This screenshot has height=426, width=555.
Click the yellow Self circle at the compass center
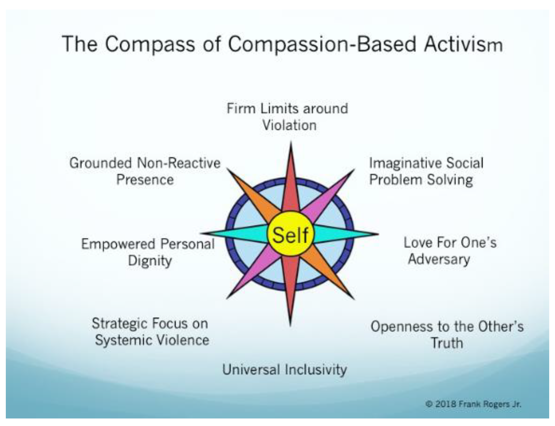[290, 234]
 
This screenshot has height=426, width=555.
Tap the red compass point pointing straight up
[291, 179]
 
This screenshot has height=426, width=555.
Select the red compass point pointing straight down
[290, 288]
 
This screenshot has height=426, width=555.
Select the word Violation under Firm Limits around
[289, 125]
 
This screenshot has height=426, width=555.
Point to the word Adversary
[439, 259]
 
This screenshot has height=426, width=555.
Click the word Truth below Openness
[447, 343]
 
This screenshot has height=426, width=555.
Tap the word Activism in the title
[463, 44]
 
